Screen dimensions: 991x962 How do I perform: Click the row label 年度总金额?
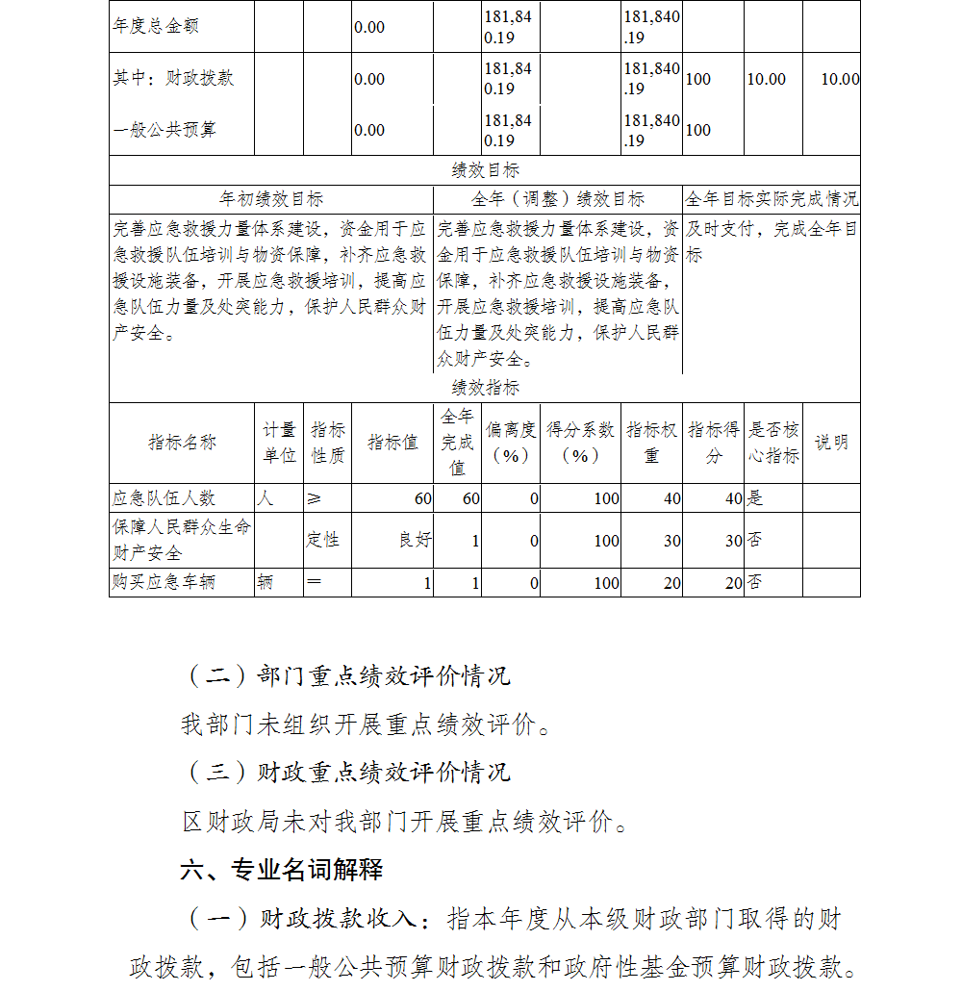[156, 27]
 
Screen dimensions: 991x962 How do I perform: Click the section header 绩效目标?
[485, 170]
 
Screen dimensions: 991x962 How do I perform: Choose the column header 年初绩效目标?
[271, 199]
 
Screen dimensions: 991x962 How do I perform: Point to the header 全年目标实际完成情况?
[772, 199]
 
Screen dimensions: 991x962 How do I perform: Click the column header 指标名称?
[182, 443]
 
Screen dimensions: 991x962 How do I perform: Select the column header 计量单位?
[280, 443]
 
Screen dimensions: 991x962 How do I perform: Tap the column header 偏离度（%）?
[511, 443]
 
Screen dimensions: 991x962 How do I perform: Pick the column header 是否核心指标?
[773, 443]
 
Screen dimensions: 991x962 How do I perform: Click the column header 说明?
[831, 443]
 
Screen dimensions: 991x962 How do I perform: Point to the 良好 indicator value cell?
[416, 541]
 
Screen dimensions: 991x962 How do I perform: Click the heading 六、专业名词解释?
[282, 870]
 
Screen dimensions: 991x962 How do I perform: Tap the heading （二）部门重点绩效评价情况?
[347, 675]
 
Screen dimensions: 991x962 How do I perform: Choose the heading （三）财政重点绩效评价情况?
[347, 772]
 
